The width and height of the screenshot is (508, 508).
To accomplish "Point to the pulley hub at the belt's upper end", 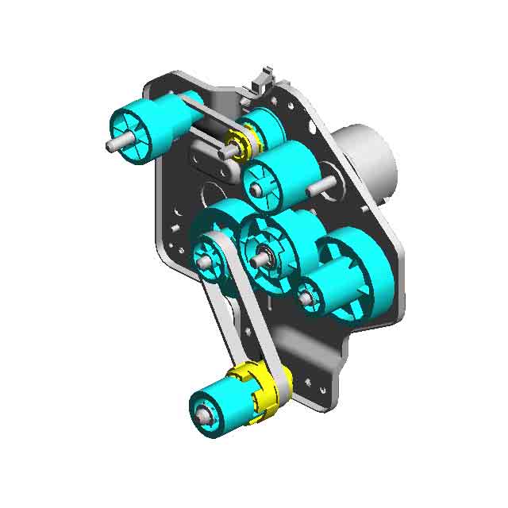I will tap(208, 258).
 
